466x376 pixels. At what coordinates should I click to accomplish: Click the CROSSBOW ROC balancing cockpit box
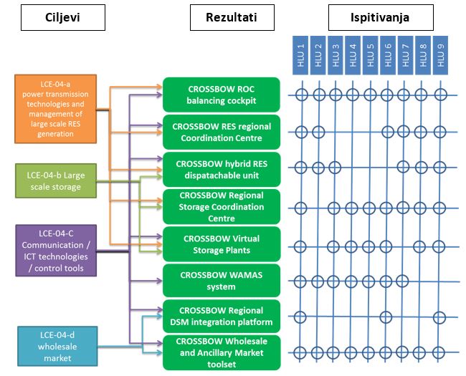[x=222, y=95]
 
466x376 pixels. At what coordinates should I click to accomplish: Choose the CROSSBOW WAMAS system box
[x=222, y=281]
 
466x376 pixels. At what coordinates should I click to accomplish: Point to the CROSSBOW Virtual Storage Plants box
[x=222, y=244]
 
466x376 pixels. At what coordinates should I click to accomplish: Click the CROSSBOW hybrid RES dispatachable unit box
[x=222, y=168]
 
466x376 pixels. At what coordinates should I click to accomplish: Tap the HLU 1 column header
[x=301, y=55]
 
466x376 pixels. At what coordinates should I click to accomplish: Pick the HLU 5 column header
[x=370, y=55]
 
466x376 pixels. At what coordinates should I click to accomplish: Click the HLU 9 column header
[x=439, y=55]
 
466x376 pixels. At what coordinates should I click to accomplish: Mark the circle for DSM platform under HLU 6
[x=386, y=317]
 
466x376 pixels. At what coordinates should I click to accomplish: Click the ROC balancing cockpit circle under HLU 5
[x=370, y=94]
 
